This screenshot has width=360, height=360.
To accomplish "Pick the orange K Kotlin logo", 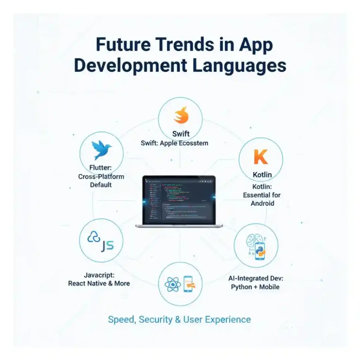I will [x=261, y=157].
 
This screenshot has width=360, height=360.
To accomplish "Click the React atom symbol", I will [x=172, y=284].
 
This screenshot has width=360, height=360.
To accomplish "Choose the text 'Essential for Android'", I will [x=262, y=199].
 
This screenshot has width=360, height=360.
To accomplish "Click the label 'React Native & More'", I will [x=99, y=283].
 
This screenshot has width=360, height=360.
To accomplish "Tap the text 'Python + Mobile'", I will [x=255, y=287].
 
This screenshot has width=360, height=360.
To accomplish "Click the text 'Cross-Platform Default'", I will [x=101, y=181].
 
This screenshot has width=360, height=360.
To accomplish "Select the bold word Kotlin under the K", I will [x=262, y=175].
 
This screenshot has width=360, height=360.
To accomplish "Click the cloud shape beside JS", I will [x=94, y=238].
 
